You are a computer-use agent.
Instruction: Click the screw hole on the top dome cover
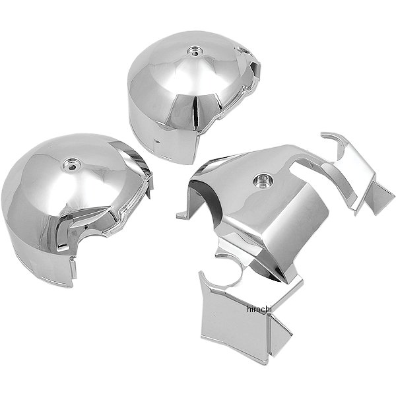[195, 51]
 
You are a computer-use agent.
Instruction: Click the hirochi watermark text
[259, 309]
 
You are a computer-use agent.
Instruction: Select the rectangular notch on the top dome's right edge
[255, 69]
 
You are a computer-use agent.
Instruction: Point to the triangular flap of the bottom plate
[280, 334]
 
